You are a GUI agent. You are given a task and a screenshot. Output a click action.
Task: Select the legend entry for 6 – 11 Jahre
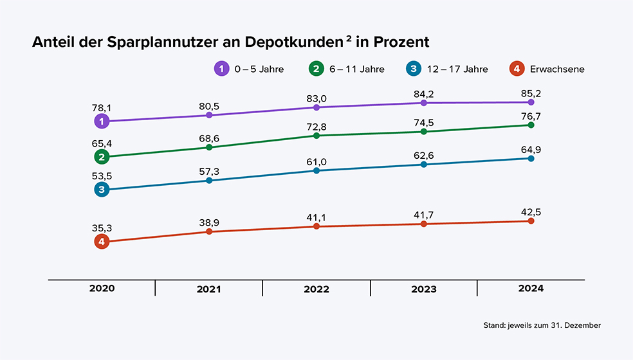pyautogui.click(x=347, y=69)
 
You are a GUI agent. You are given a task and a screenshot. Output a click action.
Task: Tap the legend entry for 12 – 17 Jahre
pyautogui.click(x=447, y=69)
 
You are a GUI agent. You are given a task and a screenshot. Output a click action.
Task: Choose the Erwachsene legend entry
pyautogui.click(x=546, y=69)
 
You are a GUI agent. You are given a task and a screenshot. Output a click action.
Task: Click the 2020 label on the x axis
pyautogui.click(x=102, y=289)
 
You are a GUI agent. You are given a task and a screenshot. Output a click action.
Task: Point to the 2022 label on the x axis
pyautogui.click(x=316, y=289)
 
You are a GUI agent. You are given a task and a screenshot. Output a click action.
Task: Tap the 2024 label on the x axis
pyautogui.click(x=531, y=289)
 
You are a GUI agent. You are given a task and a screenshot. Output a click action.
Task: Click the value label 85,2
pyautogui.click(x=531, y=93)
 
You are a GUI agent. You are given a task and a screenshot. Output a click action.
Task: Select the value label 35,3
pyautogui.click(x=102, y=227)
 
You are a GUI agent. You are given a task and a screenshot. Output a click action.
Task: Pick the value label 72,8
pyautogui.click(x=316, y=127)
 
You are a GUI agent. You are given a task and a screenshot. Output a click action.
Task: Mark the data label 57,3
pyautogui.click(x=209, y=171)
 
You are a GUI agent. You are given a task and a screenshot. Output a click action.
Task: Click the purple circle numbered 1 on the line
pyautogui.click(x=102, y=121)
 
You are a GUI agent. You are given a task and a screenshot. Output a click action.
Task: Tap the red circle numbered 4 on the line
pyautogui.click(x=102, y=242)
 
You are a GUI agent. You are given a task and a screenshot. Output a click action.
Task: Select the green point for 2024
pyautogui.click(x=531, y=125)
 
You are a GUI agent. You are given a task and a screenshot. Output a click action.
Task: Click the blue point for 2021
pyautogui.click(x=209, y=181)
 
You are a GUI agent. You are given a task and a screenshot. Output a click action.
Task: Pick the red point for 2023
pyautogui.click(x=423, y=224)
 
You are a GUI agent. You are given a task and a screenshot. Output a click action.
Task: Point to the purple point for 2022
pyautogui.click(x=316, y=107)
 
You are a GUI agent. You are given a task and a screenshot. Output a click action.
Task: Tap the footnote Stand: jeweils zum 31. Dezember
pyautogui.click(x=542, y=326)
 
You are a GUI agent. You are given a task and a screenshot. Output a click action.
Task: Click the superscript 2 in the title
pyautogui.click(x=349, y=39)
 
